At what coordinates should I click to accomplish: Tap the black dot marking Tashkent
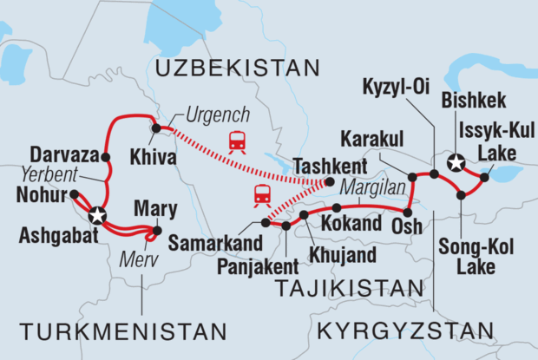point(330,182)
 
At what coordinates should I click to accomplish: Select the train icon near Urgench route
point(236,141)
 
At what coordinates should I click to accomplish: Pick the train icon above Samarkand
point(261,196)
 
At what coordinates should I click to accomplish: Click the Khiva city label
point(160,159)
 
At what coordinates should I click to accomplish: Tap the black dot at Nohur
point(74,194)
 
